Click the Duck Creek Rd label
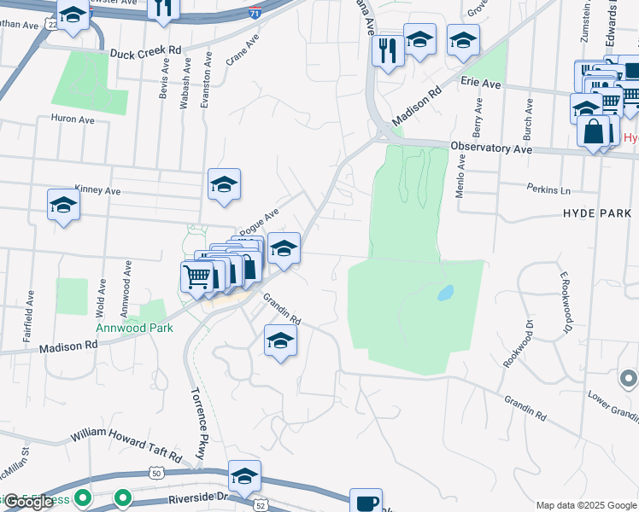click(145, 53)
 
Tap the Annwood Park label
click(134, 328)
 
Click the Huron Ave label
click(73, 119)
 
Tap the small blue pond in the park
click(445, 293)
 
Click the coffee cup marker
click(366, 501)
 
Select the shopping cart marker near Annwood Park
click(196, 276)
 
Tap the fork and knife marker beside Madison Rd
click(389, 50)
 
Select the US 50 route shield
click(155, 472)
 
